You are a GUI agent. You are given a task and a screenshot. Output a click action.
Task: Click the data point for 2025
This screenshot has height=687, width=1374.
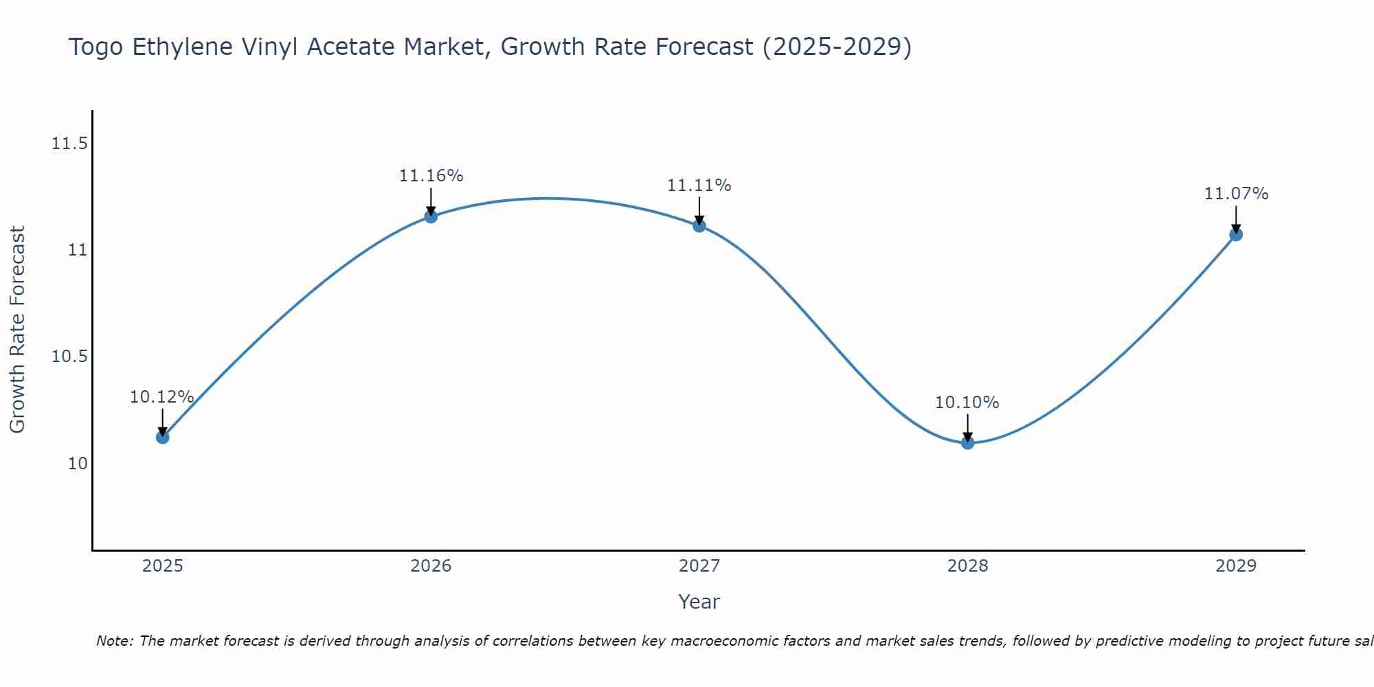(162, 437)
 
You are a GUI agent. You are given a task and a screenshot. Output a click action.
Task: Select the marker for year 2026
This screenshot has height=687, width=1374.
(431, 216)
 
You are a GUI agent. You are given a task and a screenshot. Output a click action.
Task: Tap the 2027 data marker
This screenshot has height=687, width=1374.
(699, 225)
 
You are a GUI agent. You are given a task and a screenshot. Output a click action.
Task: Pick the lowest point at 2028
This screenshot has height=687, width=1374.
(967, 442)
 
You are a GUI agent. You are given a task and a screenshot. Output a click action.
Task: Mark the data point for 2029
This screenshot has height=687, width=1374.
(1236, 234)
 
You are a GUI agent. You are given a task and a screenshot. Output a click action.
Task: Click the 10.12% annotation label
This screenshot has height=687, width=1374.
(162, 397)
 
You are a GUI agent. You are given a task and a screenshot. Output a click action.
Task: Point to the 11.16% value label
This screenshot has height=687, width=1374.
(431, 176)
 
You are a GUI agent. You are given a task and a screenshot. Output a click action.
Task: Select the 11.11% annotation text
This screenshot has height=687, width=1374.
(699, 185)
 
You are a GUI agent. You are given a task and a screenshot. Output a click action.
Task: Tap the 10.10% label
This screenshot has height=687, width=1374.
(967, 403)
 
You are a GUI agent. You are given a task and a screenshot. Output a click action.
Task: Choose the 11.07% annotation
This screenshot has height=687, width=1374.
(1236, 194)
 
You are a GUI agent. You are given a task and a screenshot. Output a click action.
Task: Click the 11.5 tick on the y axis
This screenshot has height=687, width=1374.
(69, 144)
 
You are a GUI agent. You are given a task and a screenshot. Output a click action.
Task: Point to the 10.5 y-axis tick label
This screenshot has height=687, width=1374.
(69, 357)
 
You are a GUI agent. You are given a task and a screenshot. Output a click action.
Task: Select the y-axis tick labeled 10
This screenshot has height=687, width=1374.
(78, 463)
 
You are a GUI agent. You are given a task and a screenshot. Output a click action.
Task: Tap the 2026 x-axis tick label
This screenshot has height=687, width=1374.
(431, 566)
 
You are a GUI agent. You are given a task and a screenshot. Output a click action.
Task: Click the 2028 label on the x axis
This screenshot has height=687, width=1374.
(967, 566)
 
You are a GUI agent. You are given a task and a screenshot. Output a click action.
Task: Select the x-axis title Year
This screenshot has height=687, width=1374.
(699, 602)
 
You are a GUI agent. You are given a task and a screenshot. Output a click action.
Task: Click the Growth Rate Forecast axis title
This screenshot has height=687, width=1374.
(17, 330)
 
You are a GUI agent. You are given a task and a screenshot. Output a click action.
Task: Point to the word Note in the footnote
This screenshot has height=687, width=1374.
(115, 641)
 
